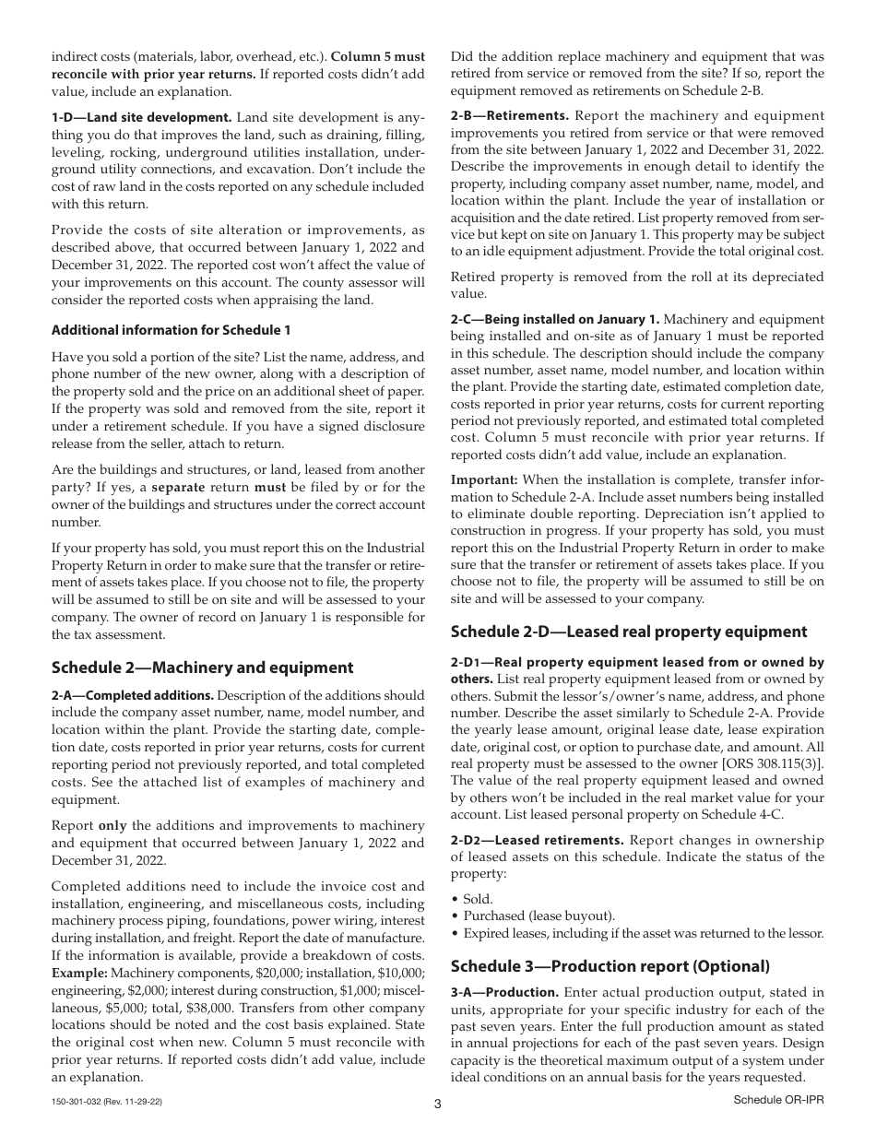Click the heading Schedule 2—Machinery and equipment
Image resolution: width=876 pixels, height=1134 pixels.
tap(202, 667)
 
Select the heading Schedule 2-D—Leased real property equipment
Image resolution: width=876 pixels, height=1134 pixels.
tap(629, 632)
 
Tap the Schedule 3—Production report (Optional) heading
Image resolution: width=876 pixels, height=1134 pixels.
tap(610, 966)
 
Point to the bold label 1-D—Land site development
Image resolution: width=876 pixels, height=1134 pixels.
tap(142, 117)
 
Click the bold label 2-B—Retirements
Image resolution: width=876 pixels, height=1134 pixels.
tap(509, 115)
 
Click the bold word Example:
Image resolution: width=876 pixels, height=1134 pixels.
tap(79, 973)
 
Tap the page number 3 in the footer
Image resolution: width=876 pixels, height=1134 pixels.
tap(438, 1103)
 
